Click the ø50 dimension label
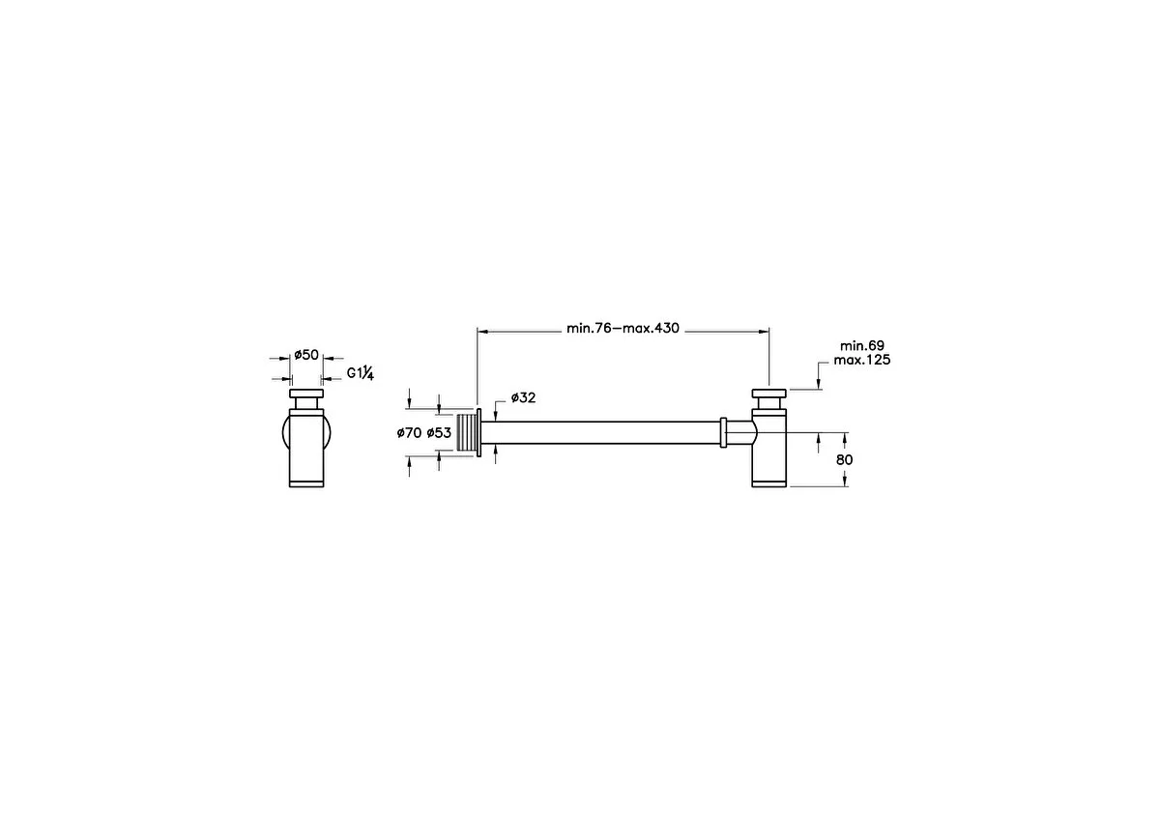(x=306, y=355)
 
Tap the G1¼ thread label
(x=360, y=373)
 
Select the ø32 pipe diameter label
(x=523, y=397)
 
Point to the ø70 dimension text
(x=409, y=432)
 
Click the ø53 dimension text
(x=439, y=432)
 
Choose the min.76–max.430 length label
(x=623, y=328)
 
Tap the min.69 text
(x=861, y=345)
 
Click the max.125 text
(x=861, y=360)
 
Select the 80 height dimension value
(x=844, y=459)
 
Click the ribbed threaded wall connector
(x=467, y=433)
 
